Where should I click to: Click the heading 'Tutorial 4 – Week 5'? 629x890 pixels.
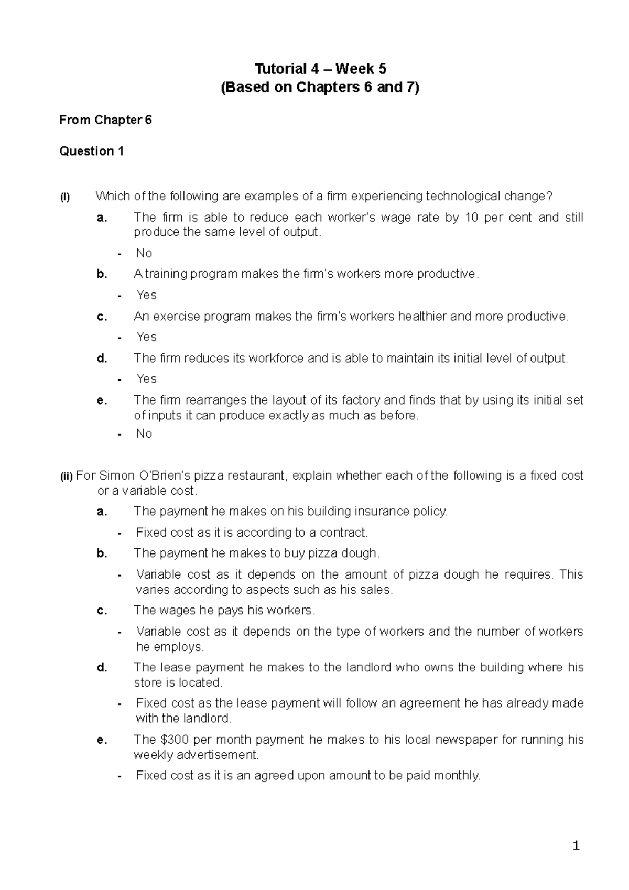320,69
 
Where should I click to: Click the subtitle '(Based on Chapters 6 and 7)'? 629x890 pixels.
320,88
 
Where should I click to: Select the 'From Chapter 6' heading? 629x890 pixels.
105,120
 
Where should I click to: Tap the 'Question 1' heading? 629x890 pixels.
92,151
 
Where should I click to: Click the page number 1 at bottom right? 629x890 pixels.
577,845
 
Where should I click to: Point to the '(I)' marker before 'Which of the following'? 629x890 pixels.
64,198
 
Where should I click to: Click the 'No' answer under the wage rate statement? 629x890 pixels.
144,253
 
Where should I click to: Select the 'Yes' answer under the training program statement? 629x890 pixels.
146,295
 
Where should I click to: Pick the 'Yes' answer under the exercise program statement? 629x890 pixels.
146,337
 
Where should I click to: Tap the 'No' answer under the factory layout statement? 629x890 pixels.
144,433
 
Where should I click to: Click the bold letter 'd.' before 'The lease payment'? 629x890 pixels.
102,667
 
